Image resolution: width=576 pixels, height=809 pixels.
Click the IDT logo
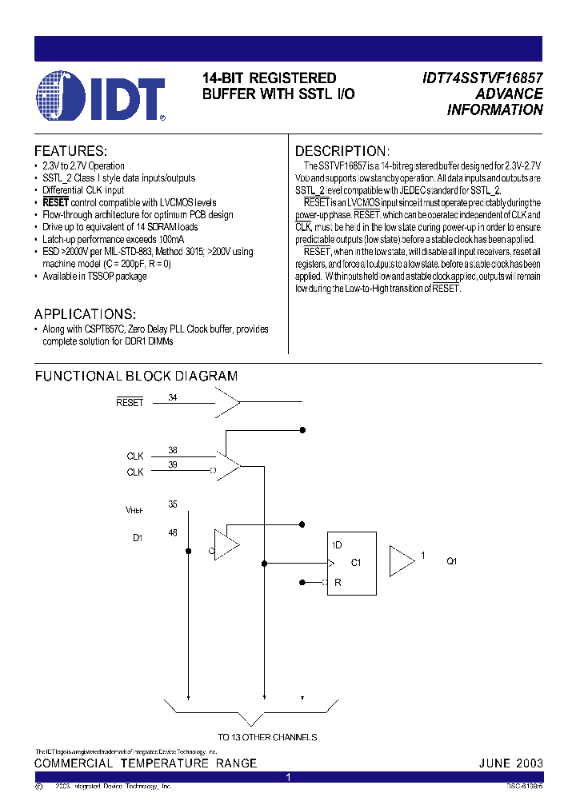tap(100, 98)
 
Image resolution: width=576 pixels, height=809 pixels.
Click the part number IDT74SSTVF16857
tap(482, 78)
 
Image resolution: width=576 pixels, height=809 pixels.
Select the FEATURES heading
tap(70, 151)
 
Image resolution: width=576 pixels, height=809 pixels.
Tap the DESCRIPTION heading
tap(342, 151)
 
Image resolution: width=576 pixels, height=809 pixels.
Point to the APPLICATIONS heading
tap(85, 314)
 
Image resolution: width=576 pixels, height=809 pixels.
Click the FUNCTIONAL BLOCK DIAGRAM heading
tap(136, 376)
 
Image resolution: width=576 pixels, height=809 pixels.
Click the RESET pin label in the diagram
tap(130, 402)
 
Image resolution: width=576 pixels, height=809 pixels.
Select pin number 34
tap(173, 397)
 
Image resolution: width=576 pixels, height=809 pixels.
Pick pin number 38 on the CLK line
tap(173, 450)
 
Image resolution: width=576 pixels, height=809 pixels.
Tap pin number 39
tap(173, 465)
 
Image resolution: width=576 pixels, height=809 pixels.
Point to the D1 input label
tap(137, 538)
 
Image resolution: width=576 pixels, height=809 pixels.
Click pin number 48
tap(173, 532)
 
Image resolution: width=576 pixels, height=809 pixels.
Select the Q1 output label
tap(452, 561)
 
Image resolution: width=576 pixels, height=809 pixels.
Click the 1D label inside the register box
tap(337, 545)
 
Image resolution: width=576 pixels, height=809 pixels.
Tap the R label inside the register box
tap(337, 583)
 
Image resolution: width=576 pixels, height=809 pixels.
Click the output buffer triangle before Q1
tap(401, 561)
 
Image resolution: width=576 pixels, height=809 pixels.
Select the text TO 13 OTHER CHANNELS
tap(267, 737)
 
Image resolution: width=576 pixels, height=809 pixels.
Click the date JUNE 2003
tap(510, 763)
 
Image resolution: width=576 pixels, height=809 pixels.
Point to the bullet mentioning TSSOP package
tap(94, 276)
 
